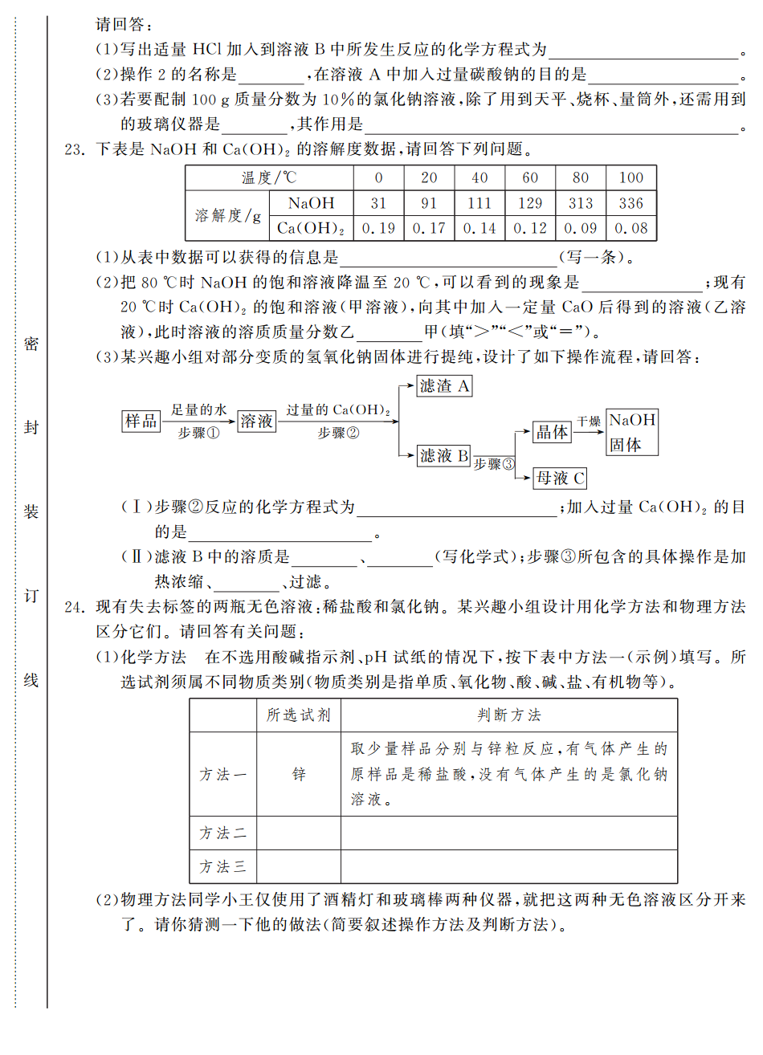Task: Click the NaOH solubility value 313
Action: (581, 203)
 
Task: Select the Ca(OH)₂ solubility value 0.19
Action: (378, 228)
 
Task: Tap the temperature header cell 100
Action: (631, 177)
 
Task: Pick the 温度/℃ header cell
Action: (269, 177)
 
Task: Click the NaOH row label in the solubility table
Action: (311, 203)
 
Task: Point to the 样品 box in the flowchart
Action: (141, 421)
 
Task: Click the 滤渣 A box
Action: (444, 386)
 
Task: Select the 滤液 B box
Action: (444, 456)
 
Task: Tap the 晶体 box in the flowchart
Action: (552, 433)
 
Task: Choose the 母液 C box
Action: (560, 479)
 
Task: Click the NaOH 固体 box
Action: (632, 432)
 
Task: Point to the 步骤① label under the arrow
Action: (198, 433)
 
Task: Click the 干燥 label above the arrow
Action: (589, 421)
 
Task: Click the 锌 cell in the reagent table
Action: (299, 774)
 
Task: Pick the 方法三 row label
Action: (222, 867)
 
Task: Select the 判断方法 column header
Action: (508, 715)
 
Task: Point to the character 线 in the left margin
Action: (31, 680)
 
